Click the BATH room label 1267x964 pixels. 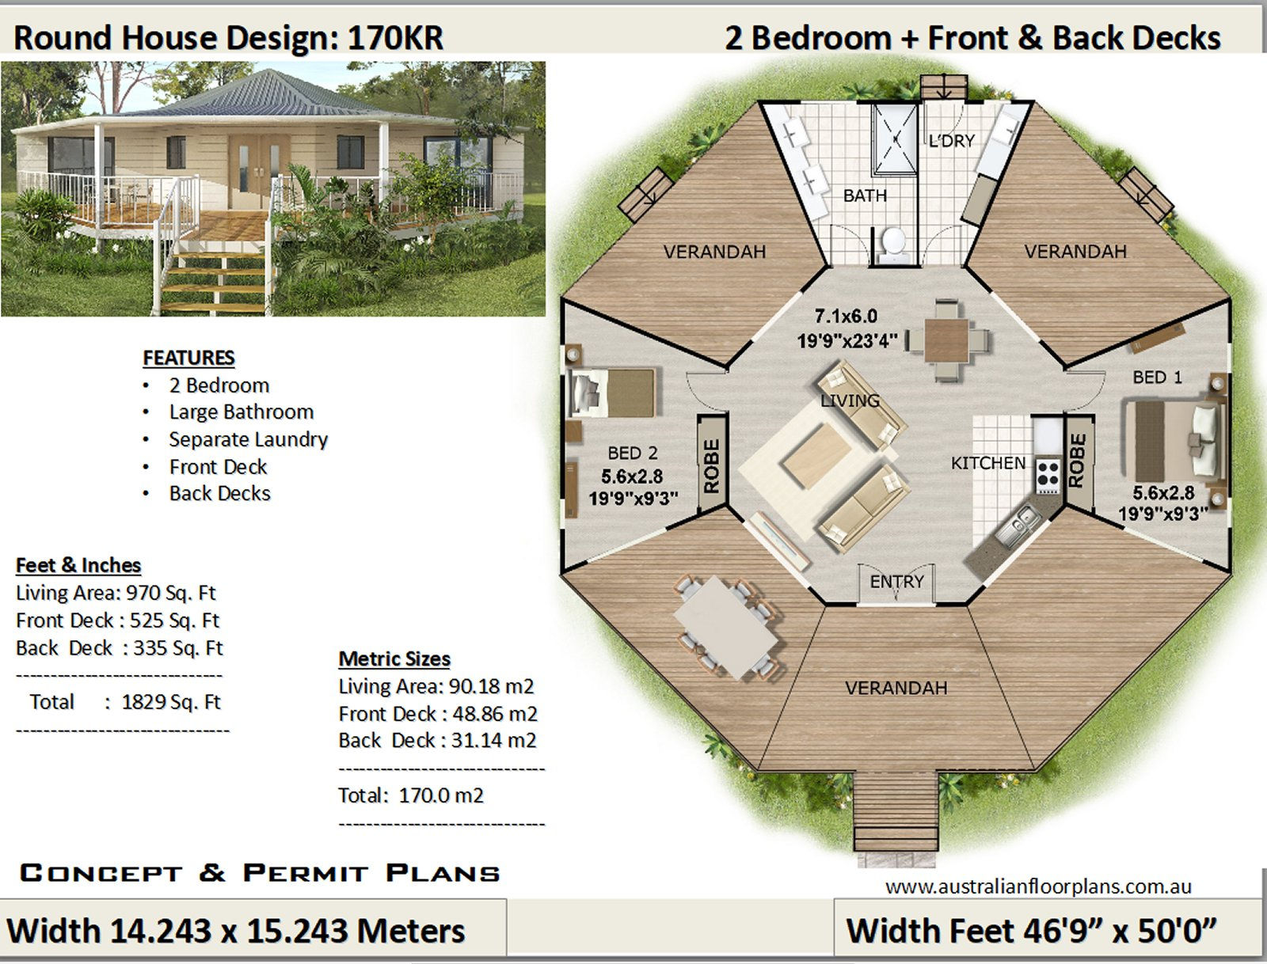[x=865, y=195]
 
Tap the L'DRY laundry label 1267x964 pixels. [x=951, y=141]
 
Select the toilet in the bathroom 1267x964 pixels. [x=894, y=242]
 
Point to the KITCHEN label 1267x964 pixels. [x=987, y=463]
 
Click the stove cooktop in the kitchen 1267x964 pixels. [x=1048, y=476]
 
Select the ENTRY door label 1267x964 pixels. [x=896, y=582]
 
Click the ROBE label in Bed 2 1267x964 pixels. [x=711, y=466]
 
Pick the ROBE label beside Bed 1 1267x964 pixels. [x=1076, y=461]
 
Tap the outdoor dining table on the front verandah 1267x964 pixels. [x=726, y=628]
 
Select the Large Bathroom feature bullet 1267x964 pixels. [x=241, y=412]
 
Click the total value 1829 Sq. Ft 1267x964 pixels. [x=170, y=702]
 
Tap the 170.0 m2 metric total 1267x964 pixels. [x=440, y=795]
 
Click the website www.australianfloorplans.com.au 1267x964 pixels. [x=1037, y=886]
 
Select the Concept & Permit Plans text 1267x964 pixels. [x=260, y=873]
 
